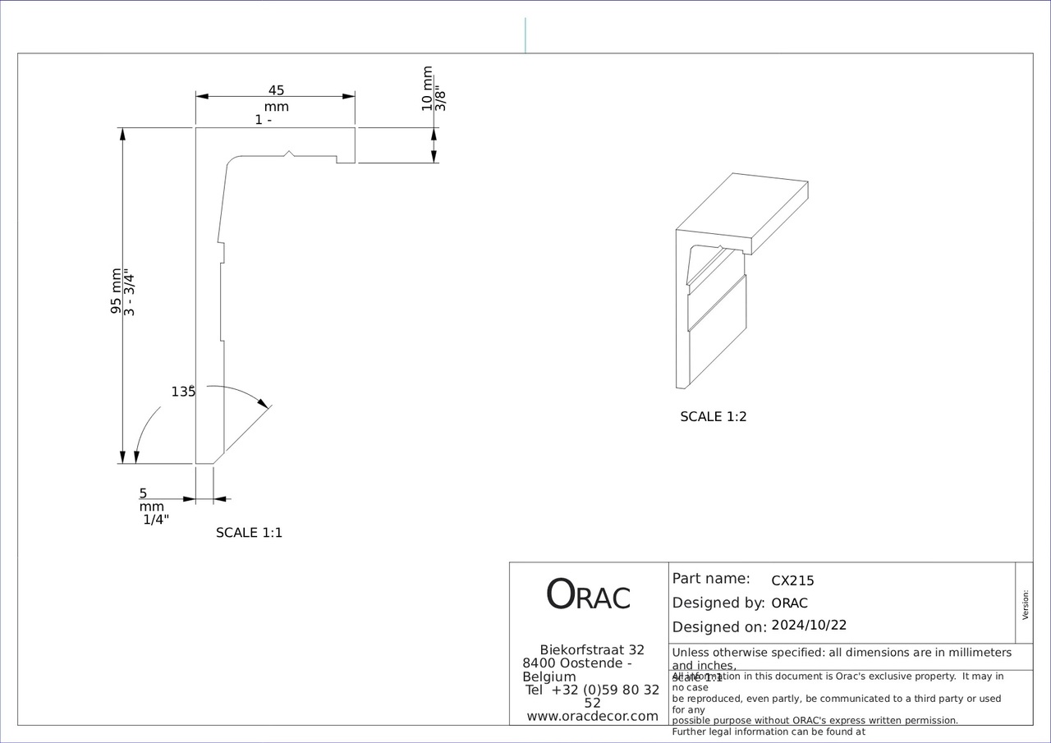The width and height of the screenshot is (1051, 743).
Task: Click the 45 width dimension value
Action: pyautogui.click(x=276, y=90)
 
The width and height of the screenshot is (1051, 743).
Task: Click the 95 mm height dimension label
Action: pyautogui.click(x=117, y=291)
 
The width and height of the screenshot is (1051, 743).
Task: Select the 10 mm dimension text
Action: pyautogui.click(x=427, y=89)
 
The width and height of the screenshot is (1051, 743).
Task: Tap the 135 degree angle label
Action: pyautogui.click(x=183, y=392)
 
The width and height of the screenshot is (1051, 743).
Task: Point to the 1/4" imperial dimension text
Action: pyautogui.click(x=156, y=519)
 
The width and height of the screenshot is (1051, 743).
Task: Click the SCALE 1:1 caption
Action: pyautogui.click(x=249, y=532)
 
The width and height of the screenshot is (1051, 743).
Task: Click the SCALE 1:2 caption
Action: pyautogui.click(x=714, y=416)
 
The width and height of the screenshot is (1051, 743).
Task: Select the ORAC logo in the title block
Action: pyautogui.click(x=588, y=595)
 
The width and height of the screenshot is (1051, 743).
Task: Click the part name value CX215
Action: pyautogui.click(x=792, y=580)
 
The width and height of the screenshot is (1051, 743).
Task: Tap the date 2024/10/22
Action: pyautogui.click(x=809, y=625)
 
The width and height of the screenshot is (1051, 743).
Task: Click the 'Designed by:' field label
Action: pyautogui.click(x=718, y=603)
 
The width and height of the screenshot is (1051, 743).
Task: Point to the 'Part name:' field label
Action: pyautogui.click(x=711, y=578)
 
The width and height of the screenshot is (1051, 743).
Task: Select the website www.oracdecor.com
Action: pyautogui.click(x=592, y=716)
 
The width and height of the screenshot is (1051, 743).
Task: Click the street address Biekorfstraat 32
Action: pyautogui.click(x=592, y=649)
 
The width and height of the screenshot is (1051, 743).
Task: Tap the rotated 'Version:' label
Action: pyautogui.click(x=1025, y=604)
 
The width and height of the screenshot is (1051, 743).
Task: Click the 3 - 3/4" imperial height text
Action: pyautogui.click(x=129, y=291)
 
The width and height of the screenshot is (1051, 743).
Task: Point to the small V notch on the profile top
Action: pyautogui.click(x=288, y=153)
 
